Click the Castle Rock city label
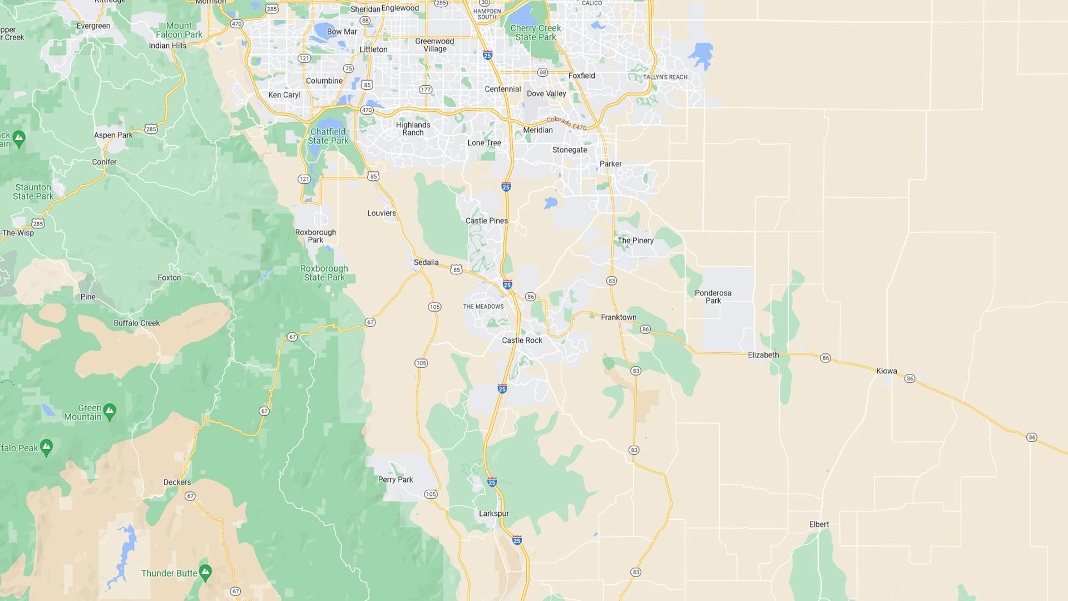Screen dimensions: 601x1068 pyautogui.click(x=522, y=340)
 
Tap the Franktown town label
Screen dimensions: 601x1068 pyautogui.click(x=619, y=317)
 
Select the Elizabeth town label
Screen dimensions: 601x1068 pyautogui.click(x=763, y=355)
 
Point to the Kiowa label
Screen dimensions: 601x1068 pyautogui.click(x=886, y=371)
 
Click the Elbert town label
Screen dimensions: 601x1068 pyautogui.click(x=819, y=524)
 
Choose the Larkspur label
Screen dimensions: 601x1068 pyautogui.click(x=493, y=514)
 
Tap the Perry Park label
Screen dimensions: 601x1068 pyautogui.click(x=395, y=480)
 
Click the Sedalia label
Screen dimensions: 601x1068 pyautogui.click(x=426, y=262)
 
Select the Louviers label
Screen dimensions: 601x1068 pyautogui.click(x=382, y=213)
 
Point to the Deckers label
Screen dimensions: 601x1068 pyautogui.click(x=177, y=482)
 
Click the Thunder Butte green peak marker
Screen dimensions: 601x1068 pyautogui.click(x=205, y=572)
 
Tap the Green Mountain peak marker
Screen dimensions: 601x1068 pyautogui.click(x=110, y=411)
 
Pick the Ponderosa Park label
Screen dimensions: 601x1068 pyautogui.click(x=713, y=297)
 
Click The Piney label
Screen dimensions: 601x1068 pyautogui.click(x=635, y=240)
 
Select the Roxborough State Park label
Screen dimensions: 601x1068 pyautogui.click(x=324, y=273)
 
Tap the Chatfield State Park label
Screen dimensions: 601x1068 pyautogui.click(x=328, y=136)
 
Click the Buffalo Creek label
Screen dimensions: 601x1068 pyautogui.click(x=136, y=323)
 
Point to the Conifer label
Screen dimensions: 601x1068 pyautogui.click(x=104, y=162)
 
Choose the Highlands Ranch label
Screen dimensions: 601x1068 pyautogui.click(x=413, y=129)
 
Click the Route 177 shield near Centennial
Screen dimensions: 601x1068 pyautogui.click(x=426, y=90)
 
